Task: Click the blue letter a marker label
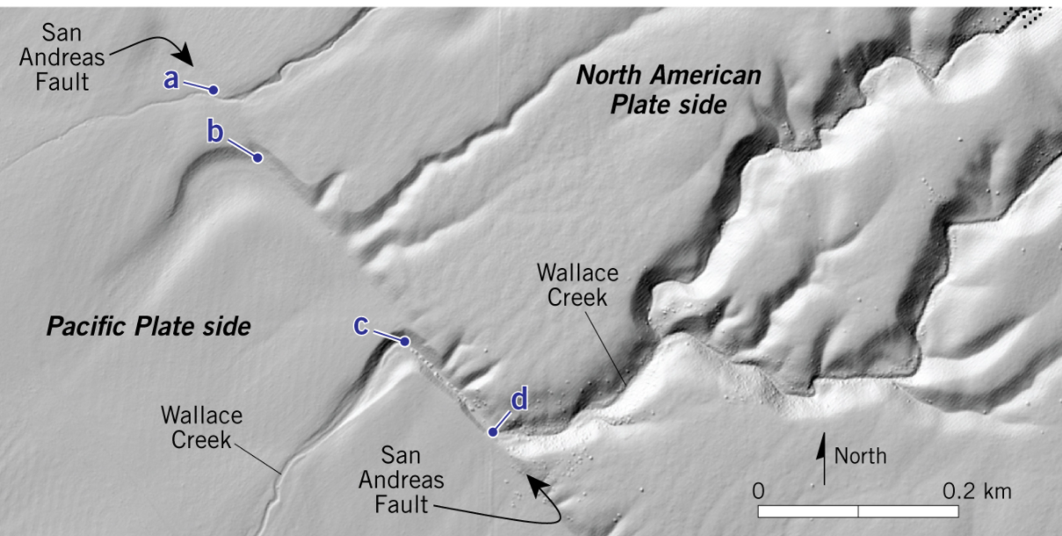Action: point(171,80)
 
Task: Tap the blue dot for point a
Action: point(213,91)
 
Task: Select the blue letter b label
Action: point(215,133)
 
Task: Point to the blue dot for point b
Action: point(258,158)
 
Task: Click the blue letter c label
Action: point(360,325)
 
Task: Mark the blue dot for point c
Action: point(405,341)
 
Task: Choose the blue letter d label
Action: point(520,401)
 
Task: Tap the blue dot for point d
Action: point(492,431)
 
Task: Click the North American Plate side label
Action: point(668,90)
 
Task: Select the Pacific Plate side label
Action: point(149,328)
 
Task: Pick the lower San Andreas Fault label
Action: point(413,480)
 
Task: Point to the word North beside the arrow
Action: point(860,456)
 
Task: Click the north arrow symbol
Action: point(824,457)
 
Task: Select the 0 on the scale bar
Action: point(759,490)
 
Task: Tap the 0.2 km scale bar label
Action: point(977,490)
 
